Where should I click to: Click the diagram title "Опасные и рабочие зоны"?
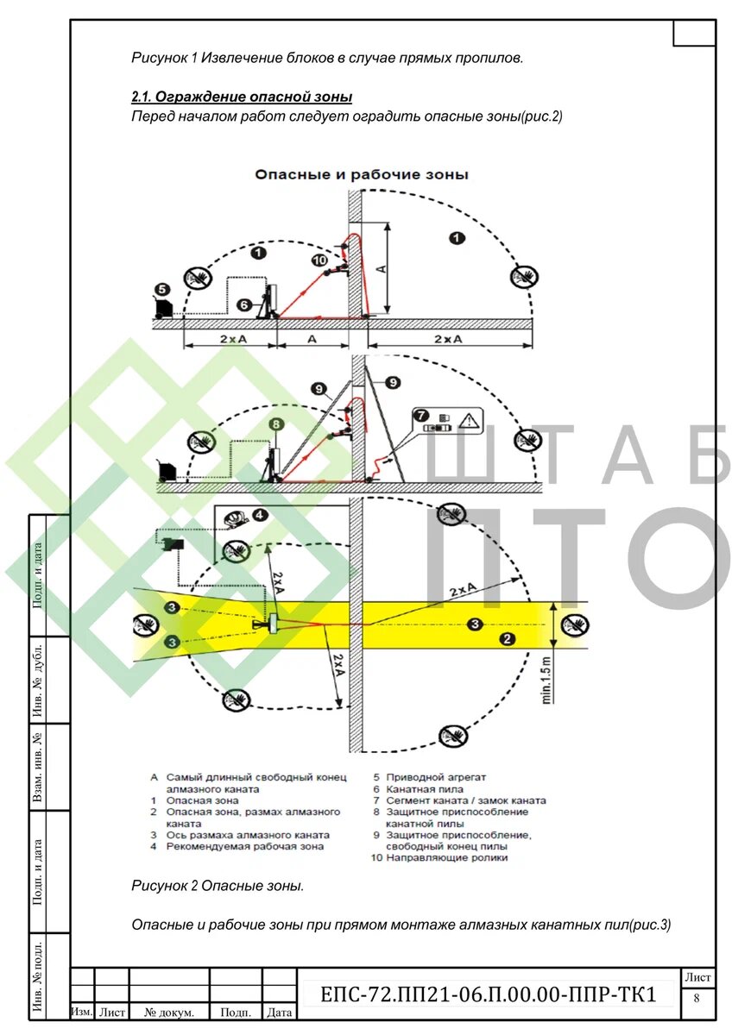tap(361, 174)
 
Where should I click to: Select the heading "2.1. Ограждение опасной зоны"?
tap(241, 97)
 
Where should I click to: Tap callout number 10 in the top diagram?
tap(319, 260)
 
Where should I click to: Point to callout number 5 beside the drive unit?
tap(161, 290)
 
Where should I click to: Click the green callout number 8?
tap(275, 424)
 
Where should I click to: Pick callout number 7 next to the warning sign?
tap(423, 415)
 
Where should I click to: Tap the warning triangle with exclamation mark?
tap(469, 422)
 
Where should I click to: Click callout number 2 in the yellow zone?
tap(508, 639)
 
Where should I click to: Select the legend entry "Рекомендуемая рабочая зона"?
tap(244, 847)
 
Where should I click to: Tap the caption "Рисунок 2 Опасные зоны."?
tap(218, 886)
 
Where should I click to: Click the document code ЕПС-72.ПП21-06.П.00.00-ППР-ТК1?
tap(488, 994)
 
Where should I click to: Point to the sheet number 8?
tap(697, 999)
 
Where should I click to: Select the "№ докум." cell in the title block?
tap(169, 1013)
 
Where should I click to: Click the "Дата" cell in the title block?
tap(279, 1013)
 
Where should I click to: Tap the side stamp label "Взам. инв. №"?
tap(38, 768)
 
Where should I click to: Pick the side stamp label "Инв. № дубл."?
tap(38, 681)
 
